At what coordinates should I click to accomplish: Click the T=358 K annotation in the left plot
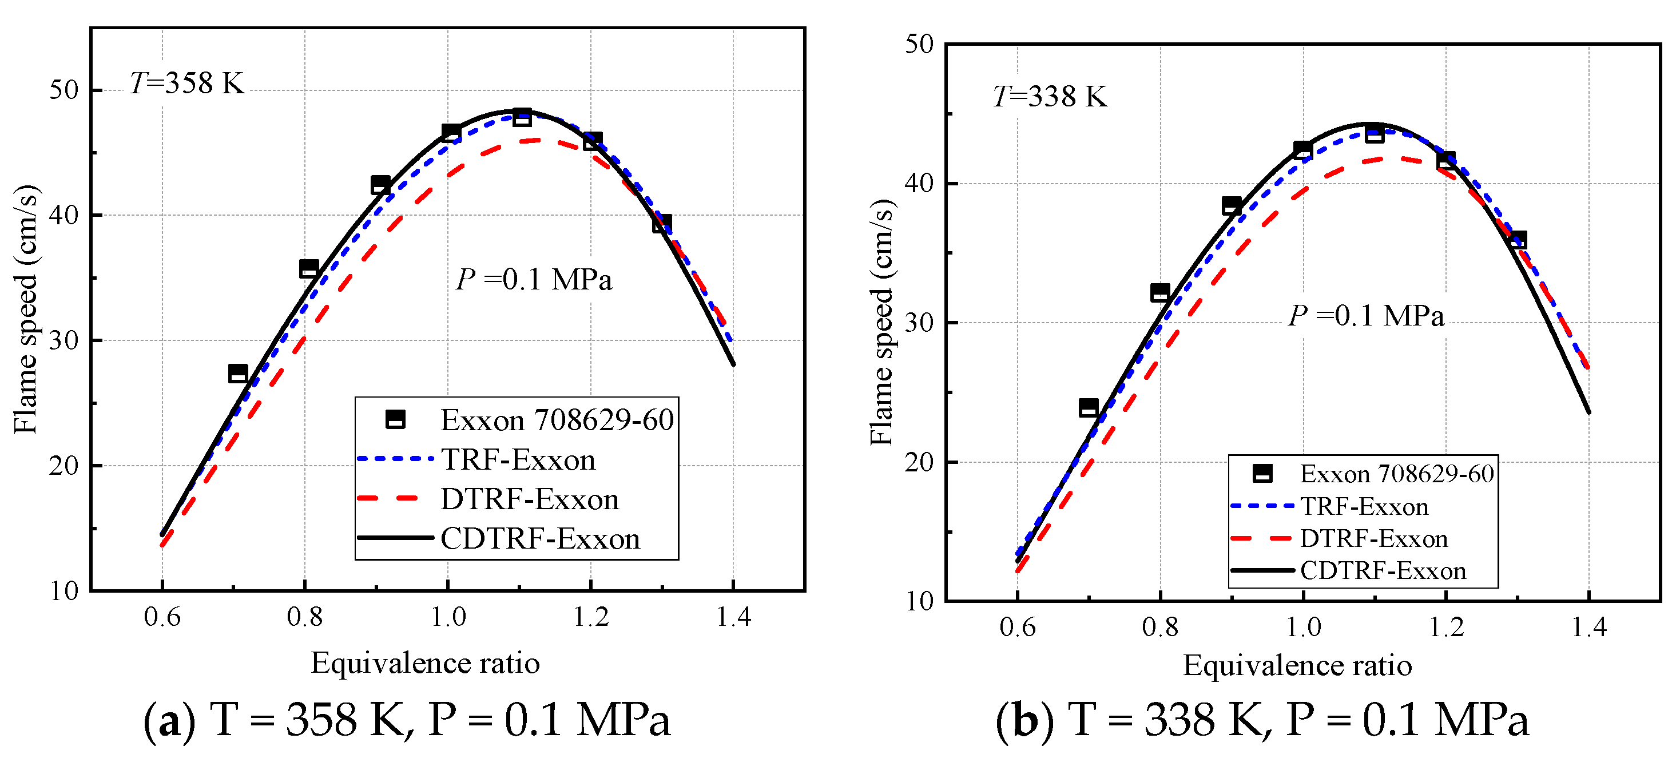[186, 84]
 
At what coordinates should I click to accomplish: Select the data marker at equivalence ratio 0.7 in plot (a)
[238, 374]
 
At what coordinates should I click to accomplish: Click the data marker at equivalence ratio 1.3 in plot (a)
[662, 223]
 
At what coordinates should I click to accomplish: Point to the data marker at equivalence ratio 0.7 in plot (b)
[1089, 408]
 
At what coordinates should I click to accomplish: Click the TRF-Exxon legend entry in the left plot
[518, 460]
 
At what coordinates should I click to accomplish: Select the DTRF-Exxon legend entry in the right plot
[1373, 539]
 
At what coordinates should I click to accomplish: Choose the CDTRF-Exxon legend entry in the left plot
[540, 539]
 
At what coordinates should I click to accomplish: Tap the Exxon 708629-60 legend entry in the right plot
[1396, 474]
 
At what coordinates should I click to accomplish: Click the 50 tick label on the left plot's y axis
[64, 90]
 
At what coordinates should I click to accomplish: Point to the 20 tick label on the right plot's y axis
[920, 462]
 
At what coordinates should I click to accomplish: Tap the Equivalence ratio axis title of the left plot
[425, 664]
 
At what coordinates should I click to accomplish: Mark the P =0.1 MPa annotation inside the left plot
[534, 280]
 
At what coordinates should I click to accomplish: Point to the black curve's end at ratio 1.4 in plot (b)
[1588, 412]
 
